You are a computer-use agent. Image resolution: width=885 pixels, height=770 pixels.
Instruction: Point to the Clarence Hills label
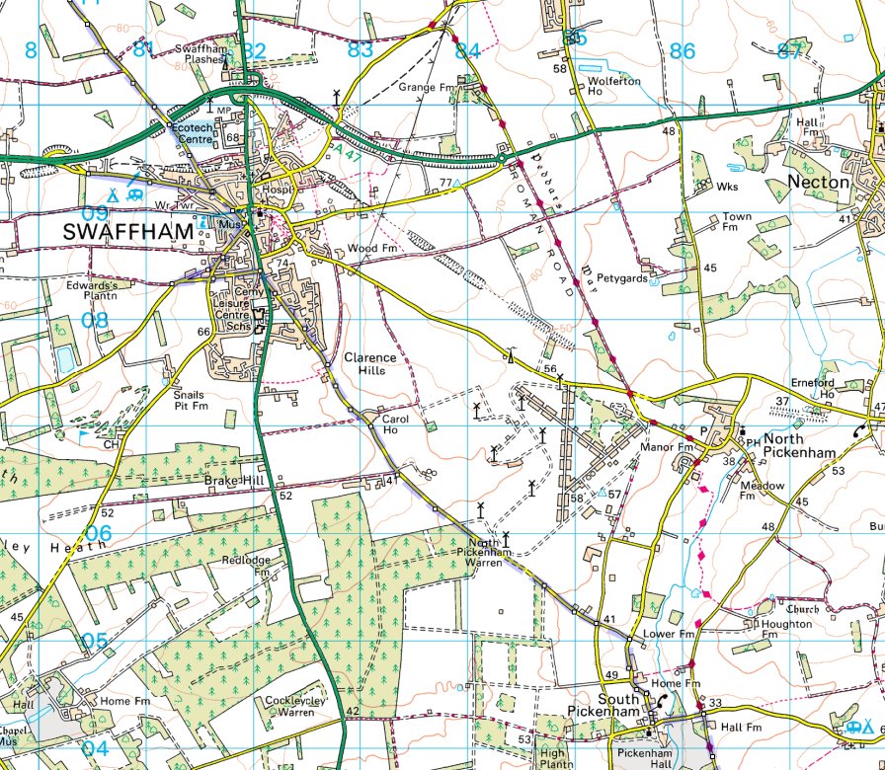pyautogui.click(x=369, y=363)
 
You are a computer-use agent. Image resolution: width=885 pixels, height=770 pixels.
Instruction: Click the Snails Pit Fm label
pyautogui.click(x=190, y=400)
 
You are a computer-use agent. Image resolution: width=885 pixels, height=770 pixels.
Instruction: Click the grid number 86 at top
pyautogui.click(x=682, y=51)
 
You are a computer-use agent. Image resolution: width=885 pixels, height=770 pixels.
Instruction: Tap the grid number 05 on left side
pyautogui.click(x=94, y=641)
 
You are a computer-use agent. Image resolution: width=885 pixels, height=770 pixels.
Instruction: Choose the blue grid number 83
pyautogui.click(x=360, y=49)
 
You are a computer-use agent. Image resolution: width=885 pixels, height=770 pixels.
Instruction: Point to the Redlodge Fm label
pyautogui.click(x=247, y=566)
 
